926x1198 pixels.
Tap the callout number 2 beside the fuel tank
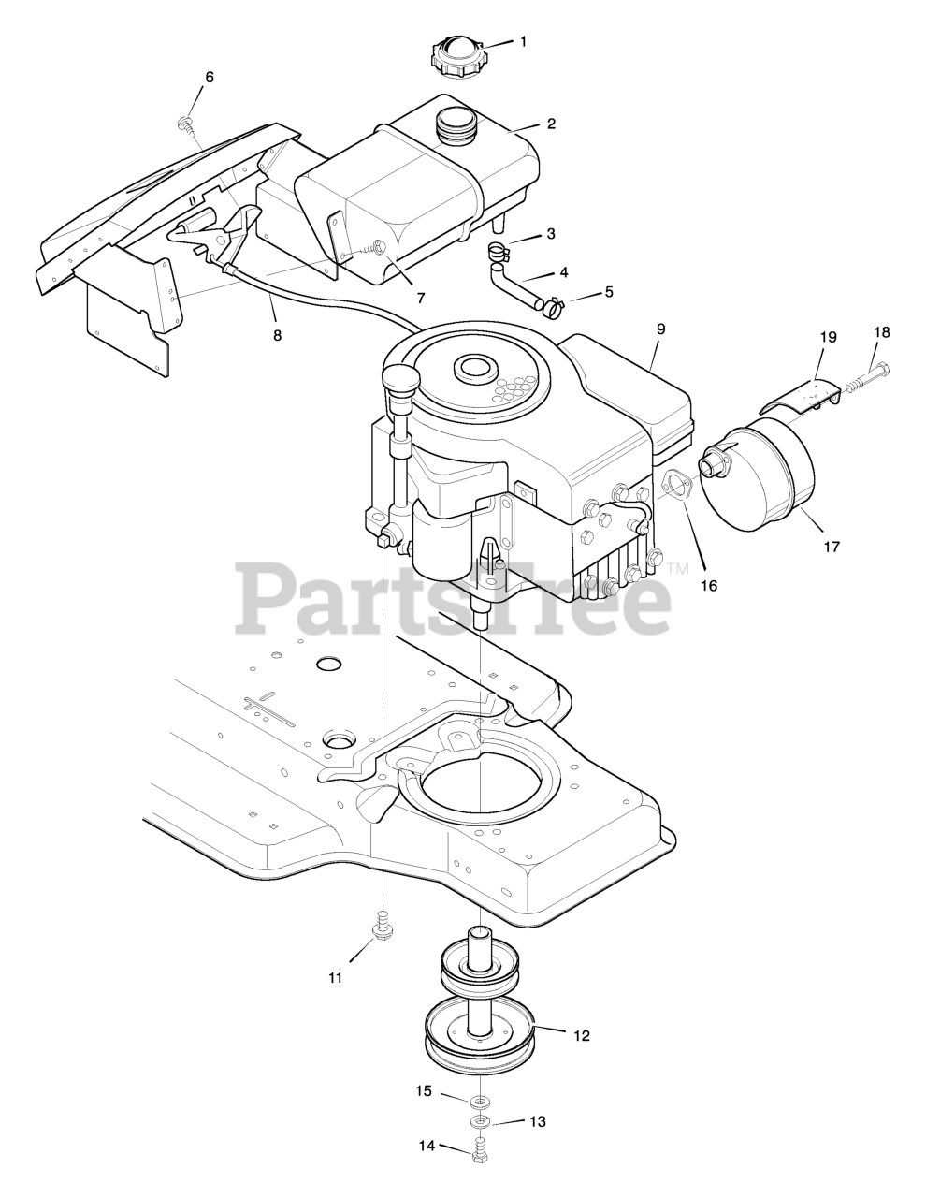coord(551,124)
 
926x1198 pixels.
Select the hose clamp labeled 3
coord(502,252)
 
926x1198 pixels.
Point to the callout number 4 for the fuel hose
coord(564,273)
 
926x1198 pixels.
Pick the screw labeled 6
coord(184,123)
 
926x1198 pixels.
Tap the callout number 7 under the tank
coord(421,298)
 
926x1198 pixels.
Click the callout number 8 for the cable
coord(276,333)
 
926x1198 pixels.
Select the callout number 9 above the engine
coord(660,329)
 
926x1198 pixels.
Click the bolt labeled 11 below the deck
coord(382,928)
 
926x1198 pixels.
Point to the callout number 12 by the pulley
coord(581,1036)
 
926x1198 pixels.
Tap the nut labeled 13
coord(480,1120)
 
